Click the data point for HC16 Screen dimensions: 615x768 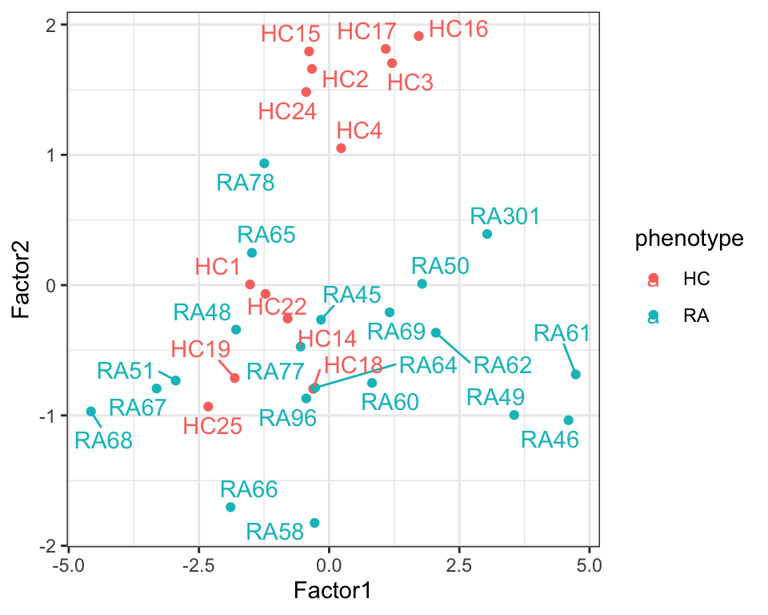coord(418,36)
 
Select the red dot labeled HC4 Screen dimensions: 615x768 coord(341,148)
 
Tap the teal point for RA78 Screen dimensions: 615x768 coord(264,163)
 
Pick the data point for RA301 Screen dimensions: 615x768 coord(487,234)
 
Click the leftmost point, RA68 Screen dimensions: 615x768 coord(91,412)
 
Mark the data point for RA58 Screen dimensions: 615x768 coord(314,523)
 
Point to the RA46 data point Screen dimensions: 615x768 coord(569,420)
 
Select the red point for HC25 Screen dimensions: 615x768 coord(208,407)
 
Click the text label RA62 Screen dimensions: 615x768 coord(502,366)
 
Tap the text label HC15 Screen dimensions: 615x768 coord(290,34)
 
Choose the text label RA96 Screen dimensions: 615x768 coord(287,417)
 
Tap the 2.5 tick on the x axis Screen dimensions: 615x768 coord(459,563)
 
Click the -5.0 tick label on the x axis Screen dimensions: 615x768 coord(69,563)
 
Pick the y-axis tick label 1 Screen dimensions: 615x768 coord(54,155)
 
